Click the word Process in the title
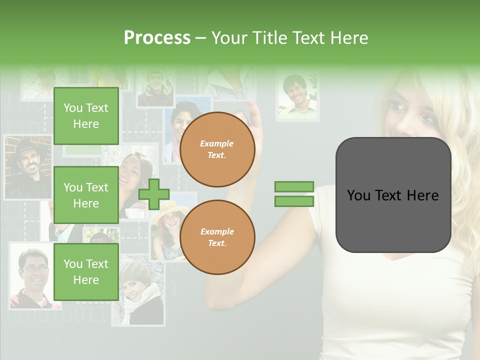point(157,38)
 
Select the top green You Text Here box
point(86,116)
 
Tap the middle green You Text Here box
point(86,195)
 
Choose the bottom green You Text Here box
point(86,271)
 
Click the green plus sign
point(154,194)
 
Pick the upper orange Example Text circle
point(217,149)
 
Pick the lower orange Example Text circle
point(217,237)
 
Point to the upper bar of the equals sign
point(294,187)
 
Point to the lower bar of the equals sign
point(294,201)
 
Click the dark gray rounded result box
point(393,195)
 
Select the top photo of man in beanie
point(155,88)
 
